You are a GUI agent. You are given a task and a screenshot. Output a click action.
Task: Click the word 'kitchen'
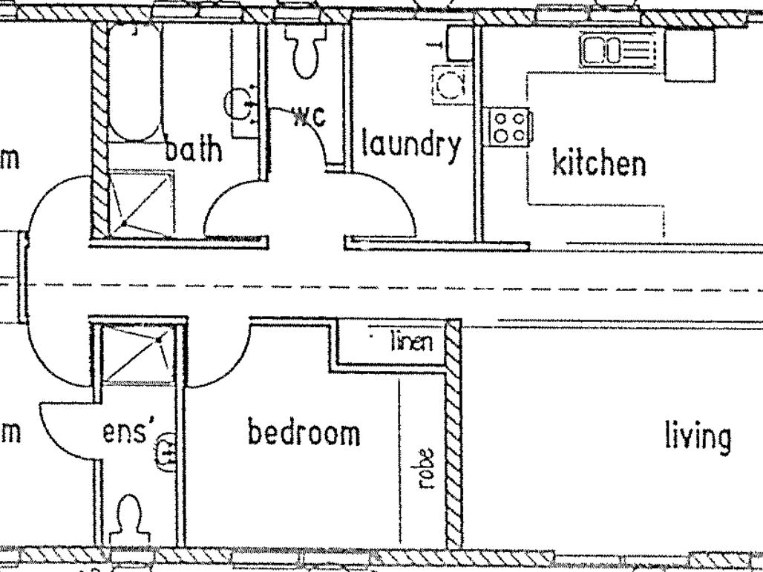coord(598,162)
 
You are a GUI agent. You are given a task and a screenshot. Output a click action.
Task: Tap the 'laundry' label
coord(410,146)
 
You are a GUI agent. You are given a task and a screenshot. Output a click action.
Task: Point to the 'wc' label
coord(309,116)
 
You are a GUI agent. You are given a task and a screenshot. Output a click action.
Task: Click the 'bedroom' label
coord(304,433)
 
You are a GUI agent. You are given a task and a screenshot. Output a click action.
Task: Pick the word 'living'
coord(697,437)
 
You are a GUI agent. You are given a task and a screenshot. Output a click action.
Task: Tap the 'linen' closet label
coord(410,342)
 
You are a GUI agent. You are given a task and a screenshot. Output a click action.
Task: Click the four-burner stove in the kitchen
coord(511,126)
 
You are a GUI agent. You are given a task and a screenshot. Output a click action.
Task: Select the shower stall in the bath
coord(141,203)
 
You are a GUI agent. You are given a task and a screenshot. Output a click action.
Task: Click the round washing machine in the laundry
coord(450,85)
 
